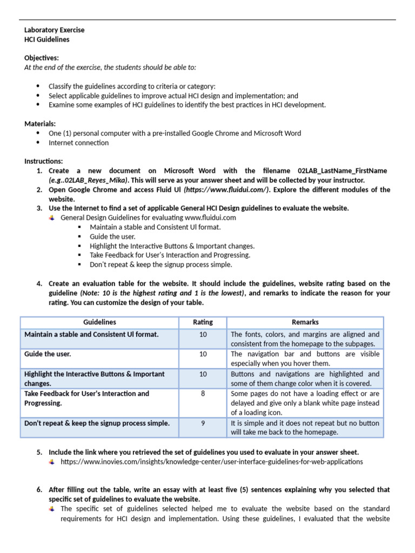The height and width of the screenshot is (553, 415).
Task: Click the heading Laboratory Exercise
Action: click(54, 30)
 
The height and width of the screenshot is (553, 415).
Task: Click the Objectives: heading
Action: click(42, 57)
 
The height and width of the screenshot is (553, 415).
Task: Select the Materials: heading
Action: click(39, 124)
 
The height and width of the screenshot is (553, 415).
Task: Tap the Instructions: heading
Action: click(43, 161)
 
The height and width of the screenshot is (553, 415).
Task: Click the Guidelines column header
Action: click(99, 322)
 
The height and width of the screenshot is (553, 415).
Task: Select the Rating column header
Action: click(203, 322)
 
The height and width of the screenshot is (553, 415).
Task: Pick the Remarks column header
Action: click(305, 322)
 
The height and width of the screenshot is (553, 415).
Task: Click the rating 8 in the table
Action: click(203, 394)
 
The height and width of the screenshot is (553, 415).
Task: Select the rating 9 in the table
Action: click(203, 423)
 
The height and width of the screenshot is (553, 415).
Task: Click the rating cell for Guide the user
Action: click(203, 354)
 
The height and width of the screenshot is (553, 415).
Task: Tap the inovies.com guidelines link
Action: click(211, 462)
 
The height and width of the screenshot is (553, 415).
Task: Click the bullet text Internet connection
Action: click(78, 143)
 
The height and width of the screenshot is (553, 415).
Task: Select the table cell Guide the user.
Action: click(48, 354)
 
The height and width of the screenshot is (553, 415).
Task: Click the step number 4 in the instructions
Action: click(39, 284)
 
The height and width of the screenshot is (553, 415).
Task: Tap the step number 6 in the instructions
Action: click(39, 490)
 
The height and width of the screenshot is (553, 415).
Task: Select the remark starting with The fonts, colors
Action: click(305, 339)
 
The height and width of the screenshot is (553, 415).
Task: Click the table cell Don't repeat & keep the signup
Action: click(97, 423)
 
